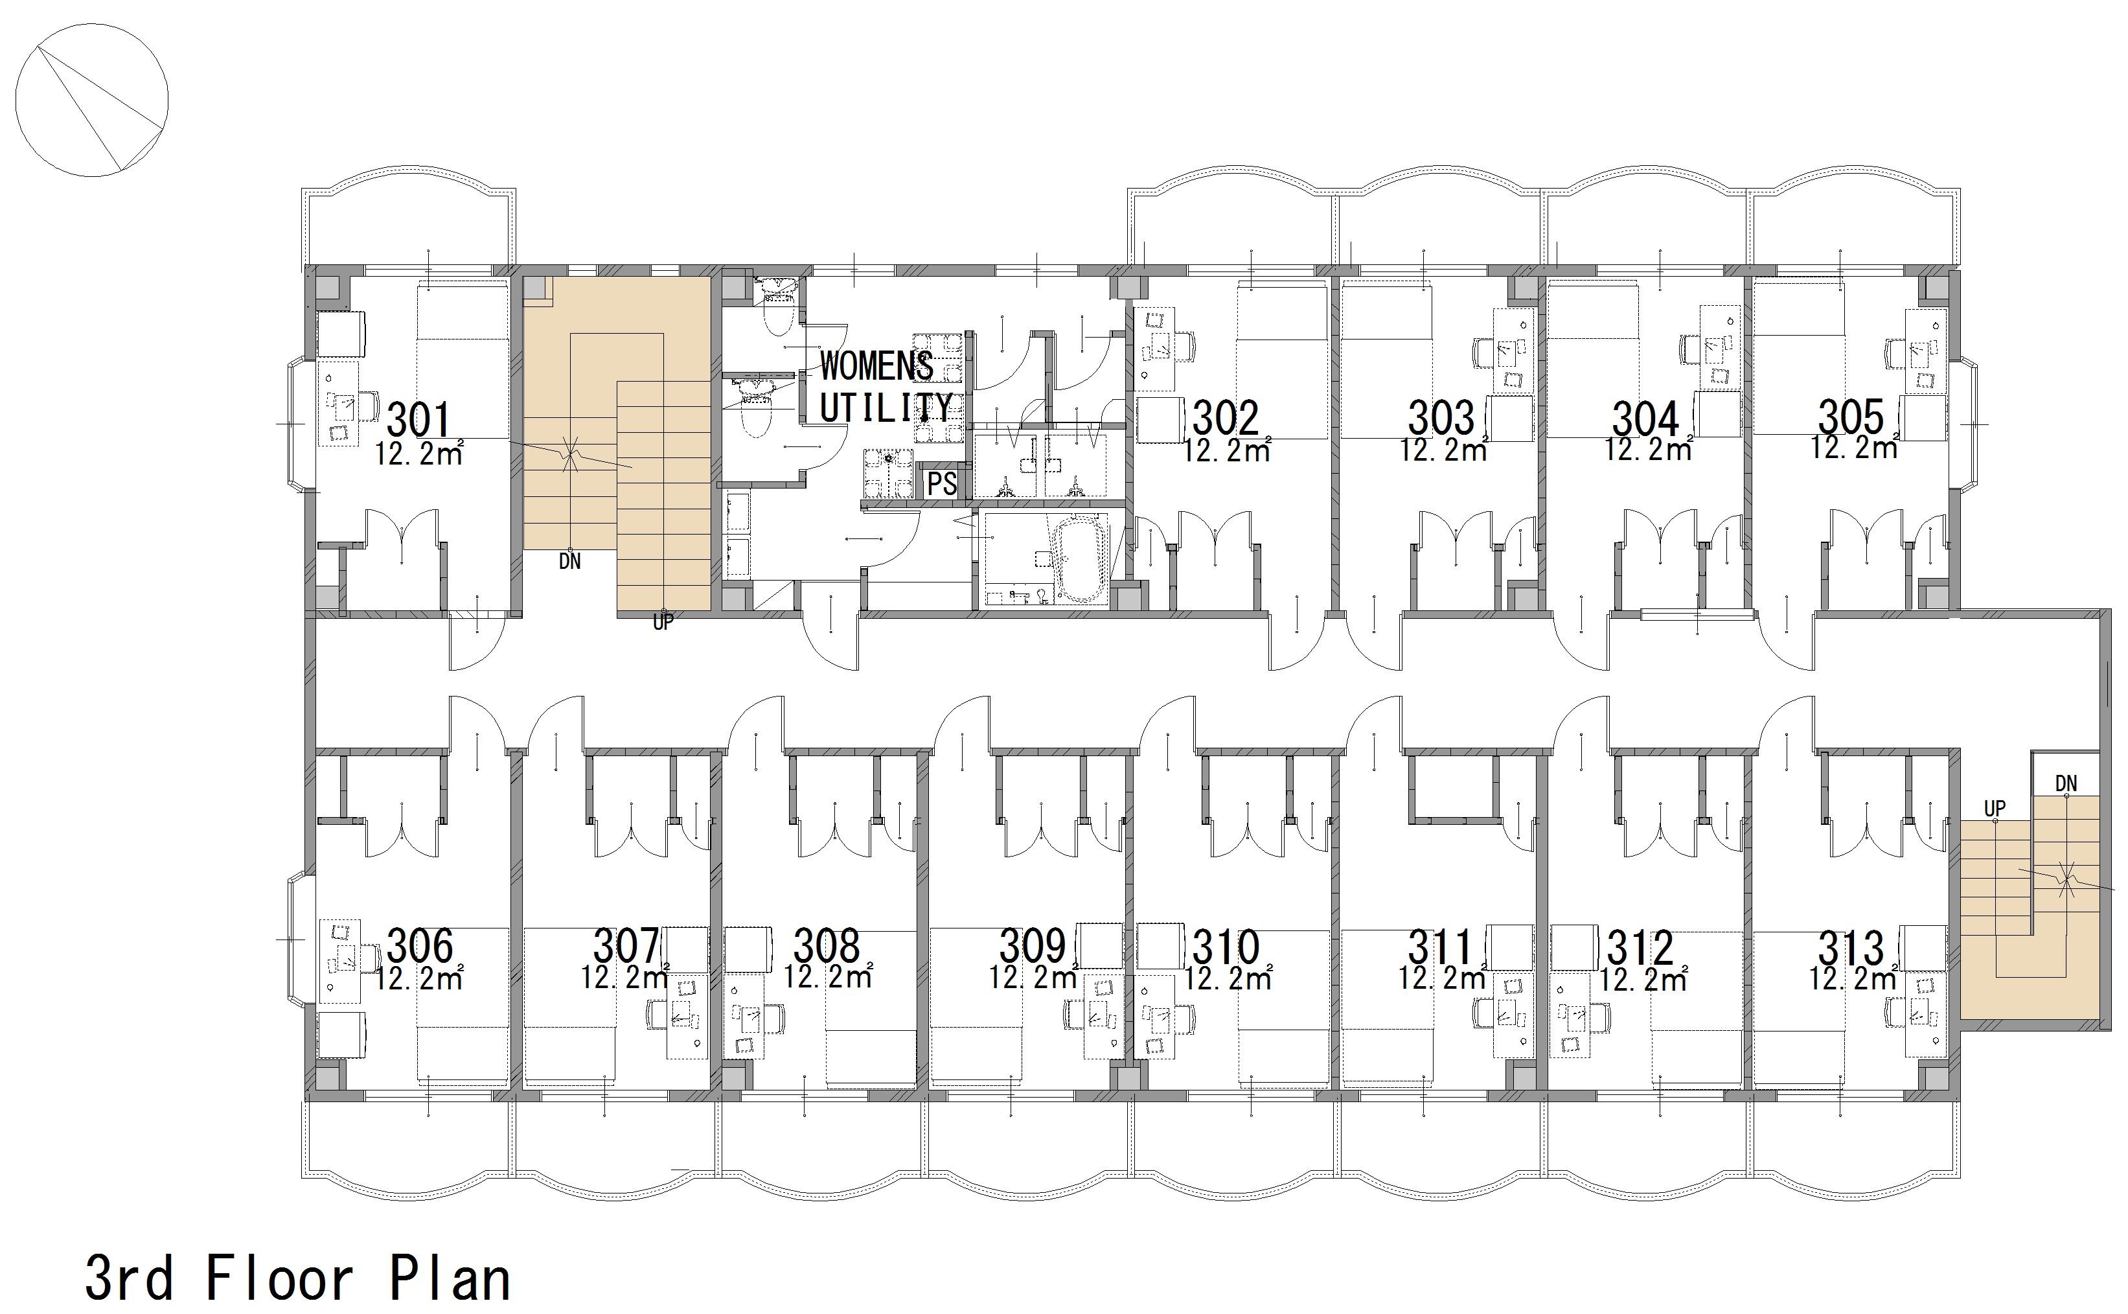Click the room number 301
(419, 420)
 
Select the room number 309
(1033, 947)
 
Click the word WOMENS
(876, 366)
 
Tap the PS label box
(942, 483)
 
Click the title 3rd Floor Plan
(297, 1278)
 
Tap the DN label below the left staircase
(570, 561)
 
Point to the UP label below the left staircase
(663, 622)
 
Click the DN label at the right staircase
(2066, 784)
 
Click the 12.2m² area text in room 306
(420, 978)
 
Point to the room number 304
(1647, 419)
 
